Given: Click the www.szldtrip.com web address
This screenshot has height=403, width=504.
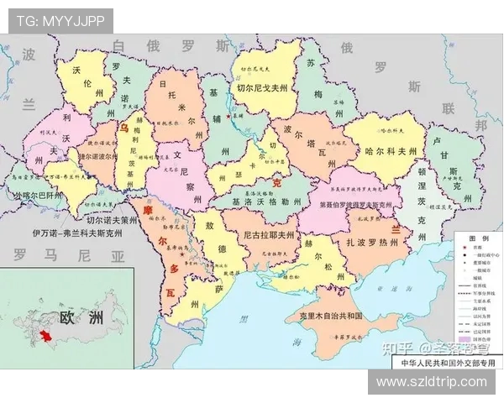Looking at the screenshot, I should [431, 381].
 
